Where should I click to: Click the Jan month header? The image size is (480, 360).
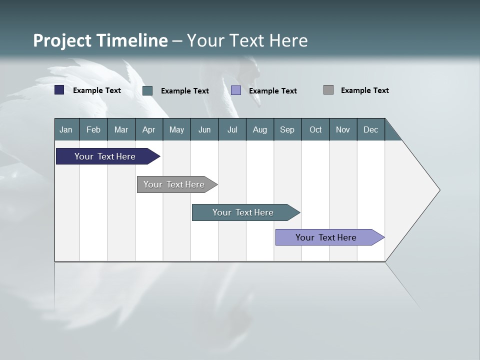click(66, 129)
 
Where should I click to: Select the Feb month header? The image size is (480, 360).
click(93, 129)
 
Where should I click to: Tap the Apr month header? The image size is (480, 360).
click(149, 129)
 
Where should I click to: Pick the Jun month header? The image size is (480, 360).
click(204, 129)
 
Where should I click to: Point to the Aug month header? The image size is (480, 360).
click(260, 129)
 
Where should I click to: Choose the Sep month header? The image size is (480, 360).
click(287, 129)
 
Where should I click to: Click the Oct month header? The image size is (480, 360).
click(315, 129)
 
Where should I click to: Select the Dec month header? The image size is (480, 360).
click(371, 129)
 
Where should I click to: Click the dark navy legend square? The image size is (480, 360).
click(59, 90)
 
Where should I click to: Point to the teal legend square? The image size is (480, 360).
click(147, 90)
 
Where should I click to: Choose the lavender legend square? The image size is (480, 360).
click(236, 90)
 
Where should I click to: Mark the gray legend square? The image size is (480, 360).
click(328, 90)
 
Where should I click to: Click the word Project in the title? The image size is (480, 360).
click(62, 40)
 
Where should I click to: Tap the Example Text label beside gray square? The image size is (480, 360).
click(364, 90)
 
